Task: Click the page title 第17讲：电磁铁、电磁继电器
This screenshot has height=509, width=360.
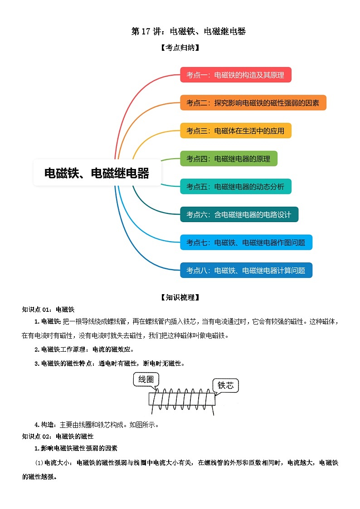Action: pos(188,31)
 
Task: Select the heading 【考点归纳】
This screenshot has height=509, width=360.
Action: pos(180,48)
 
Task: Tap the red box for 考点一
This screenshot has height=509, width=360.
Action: pos(236,75)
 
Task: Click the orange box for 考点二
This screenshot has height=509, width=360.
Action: pos(253,102)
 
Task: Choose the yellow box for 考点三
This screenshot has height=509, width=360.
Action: pos(236,131)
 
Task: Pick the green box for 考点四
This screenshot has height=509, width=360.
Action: pos(229,159)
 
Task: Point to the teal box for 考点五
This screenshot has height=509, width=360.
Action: pos(236,186)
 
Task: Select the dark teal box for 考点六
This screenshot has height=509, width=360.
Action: pos(239,214)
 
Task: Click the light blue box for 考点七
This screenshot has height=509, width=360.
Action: pos(246,242)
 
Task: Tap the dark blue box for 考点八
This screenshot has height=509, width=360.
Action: pos(246,270)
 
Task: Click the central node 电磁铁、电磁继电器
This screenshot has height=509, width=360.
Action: pos(97,173)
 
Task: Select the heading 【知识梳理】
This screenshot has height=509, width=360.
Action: pos(180,297)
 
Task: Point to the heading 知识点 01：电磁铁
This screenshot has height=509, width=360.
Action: pos(49,310)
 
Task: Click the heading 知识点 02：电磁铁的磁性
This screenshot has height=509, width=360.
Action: pos(58,436)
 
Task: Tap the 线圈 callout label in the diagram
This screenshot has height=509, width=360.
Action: pos(146,379)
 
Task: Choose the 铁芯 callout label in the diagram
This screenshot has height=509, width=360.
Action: pos(226,385)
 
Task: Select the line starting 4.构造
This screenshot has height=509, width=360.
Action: pos(97,425)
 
